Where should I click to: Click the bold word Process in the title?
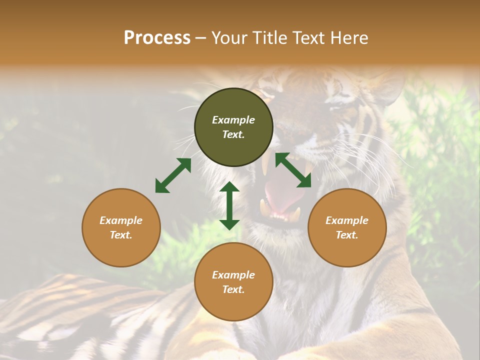coord(157,38)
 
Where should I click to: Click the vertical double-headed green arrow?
coord(229,205)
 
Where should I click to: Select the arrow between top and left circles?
coord(173,175)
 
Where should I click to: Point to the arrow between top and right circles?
coord(293,170)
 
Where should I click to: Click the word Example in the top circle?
coord(233,120)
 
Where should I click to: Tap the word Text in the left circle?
coord(121,235)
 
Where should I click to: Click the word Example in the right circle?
coord(347,220)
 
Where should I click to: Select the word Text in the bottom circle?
coord(233,289)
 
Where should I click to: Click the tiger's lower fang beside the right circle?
coord(296,214)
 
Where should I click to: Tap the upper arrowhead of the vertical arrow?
coord(229,187)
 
